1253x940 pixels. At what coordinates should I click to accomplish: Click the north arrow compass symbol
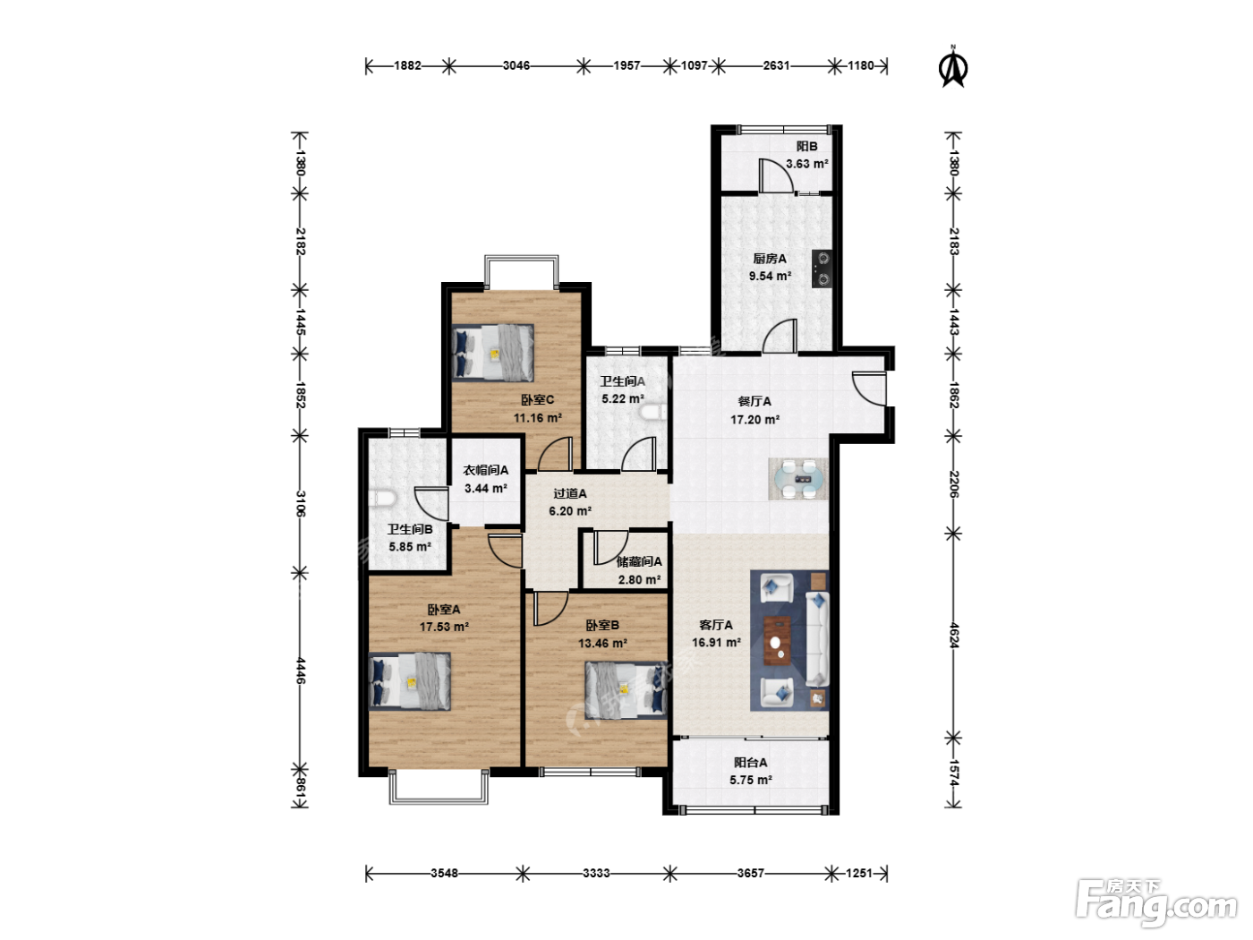point(952,66)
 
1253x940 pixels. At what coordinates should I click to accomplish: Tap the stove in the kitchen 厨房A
point(822,269)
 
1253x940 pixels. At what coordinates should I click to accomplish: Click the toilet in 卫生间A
point(653,412)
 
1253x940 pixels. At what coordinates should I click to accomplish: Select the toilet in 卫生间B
point(382,499)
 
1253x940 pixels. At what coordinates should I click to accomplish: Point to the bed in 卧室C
point(493,352)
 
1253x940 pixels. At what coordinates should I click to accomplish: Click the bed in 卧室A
point(410,681)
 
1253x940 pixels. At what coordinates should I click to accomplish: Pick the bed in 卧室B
point(626,689)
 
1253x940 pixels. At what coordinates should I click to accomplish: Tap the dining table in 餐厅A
point(798,479)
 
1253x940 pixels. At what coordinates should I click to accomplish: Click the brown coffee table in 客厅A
point(778,640)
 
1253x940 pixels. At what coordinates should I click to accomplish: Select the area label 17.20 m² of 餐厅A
point(754,420)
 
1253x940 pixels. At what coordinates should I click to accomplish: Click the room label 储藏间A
point(639,561)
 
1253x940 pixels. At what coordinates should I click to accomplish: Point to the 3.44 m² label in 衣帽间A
point(486,488)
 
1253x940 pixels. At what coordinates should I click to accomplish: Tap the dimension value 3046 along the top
point(516,65)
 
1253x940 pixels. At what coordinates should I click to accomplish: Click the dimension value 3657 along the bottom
point(750,873)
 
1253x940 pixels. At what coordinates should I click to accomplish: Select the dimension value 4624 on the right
point(954,636)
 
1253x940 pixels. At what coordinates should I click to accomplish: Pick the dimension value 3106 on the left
point(301,504)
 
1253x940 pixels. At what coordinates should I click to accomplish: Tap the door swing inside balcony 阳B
point(775,175)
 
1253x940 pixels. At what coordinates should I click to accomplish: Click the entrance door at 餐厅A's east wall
point(869,389)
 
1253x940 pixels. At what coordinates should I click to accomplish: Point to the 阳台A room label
point(751,763)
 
